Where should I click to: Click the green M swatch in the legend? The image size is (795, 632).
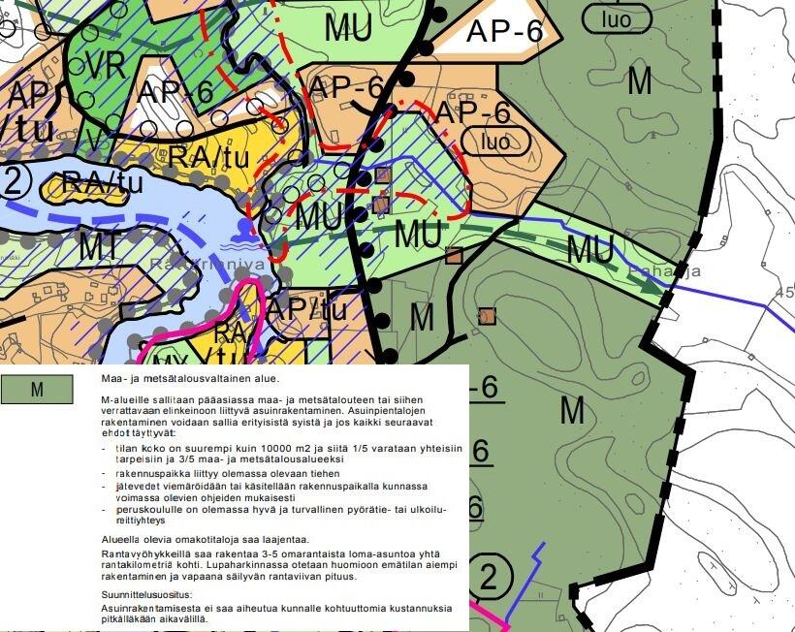(x=37, y=390)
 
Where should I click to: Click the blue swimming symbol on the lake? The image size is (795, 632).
(x=241, y=228)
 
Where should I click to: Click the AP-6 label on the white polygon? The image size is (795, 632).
(x=504, y=31)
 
